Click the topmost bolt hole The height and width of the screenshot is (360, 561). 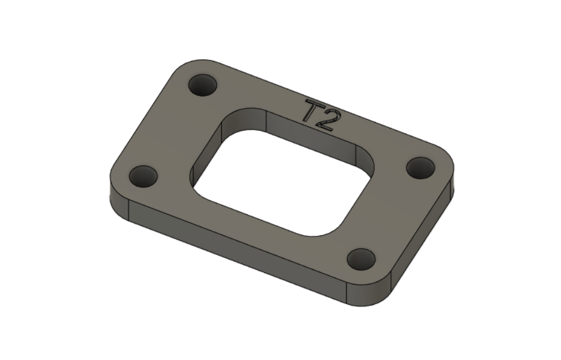tap(203, 86)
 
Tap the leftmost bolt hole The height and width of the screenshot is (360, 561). tap(143, 176)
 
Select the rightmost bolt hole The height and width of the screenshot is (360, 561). tap(420, 168)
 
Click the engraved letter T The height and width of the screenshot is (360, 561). tap(313, 111)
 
